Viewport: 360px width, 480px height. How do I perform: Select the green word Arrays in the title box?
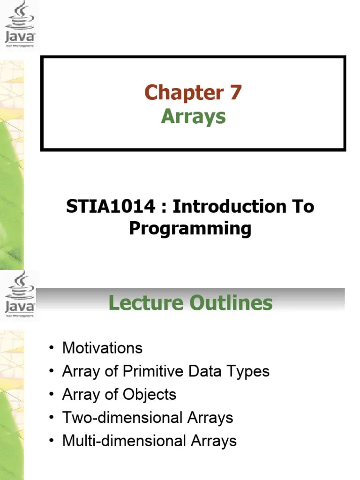point(193,116)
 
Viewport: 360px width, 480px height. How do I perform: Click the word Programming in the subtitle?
point(190,229)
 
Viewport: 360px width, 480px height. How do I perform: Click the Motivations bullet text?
point(102,348)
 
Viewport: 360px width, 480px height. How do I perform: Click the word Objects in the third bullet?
point(150,394)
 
